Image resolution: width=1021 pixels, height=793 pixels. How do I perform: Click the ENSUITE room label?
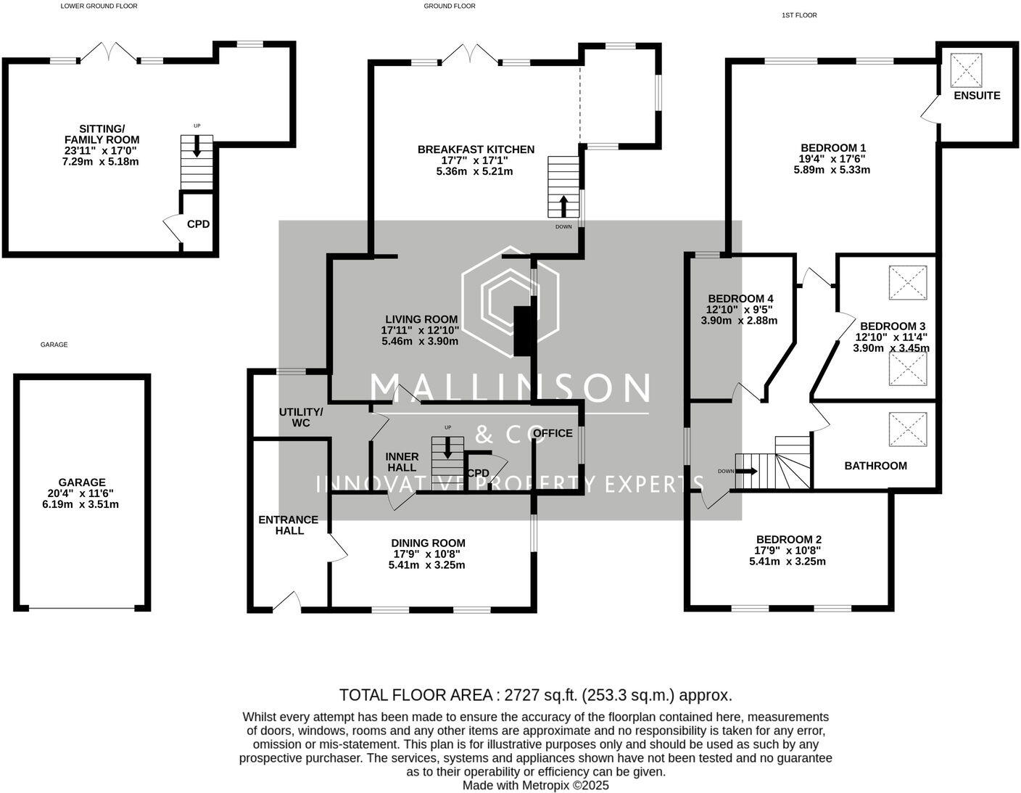(976, 96)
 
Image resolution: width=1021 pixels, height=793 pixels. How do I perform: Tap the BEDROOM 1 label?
(832, 147)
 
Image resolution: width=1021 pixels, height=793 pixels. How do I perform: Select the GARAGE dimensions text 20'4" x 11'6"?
(80, 493)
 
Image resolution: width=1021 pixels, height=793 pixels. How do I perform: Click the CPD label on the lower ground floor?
(198, 224)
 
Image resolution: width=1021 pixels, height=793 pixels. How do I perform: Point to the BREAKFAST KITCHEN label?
(476, 149)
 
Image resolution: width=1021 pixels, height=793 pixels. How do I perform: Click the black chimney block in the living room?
(522, 331)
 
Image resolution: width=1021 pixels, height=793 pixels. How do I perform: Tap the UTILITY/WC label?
(301, 417)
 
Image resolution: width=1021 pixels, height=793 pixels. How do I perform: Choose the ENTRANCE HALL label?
(289, 525)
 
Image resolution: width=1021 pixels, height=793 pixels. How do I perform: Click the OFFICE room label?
(553, 433)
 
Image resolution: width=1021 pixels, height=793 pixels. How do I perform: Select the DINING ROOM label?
(428, 543)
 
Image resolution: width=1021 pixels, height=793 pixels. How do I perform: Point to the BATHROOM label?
(875, 466)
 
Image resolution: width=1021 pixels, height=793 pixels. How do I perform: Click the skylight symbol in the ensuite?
(966, 70)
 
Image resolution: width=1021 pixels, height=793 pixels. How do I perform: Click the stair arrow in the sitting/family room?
(197, 148)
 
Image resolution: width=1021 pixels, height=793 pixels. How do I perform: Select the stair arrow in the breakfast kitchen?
(563, 205)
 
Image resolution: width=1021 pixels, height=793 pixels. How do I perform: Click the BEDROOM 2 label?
(788, 539)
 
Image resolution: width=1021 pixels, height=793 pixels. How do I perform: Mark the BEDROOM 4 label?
(740, 298)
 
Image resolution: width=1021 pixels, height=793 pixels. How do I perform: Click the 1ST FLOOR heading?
(799, 15)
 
